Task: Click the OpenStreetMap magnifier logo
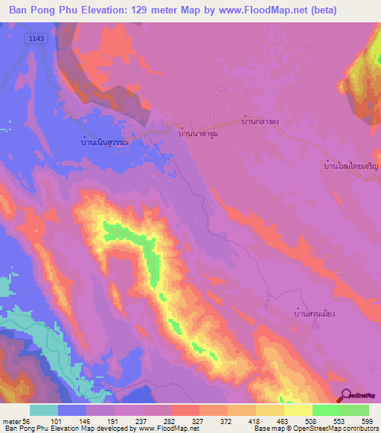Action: tap(347, 394)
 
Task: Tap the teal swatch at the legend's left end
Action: tap(44, 410)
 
